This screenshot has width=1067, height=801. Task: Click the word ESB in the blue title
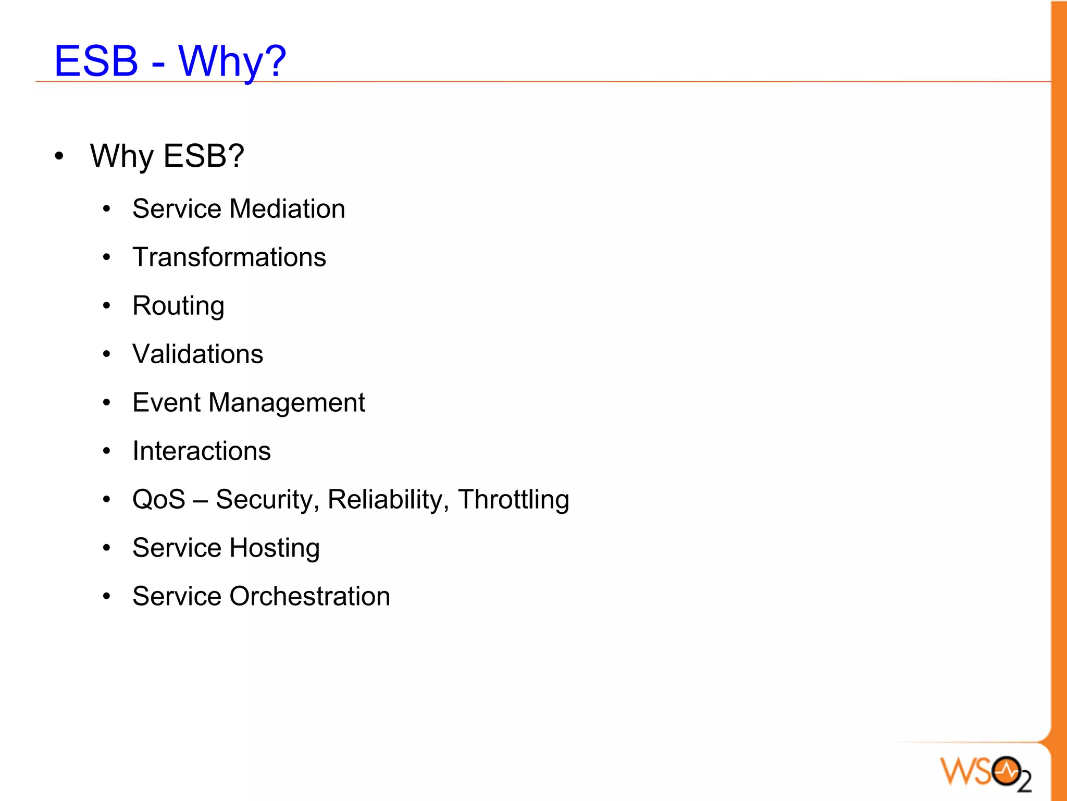[96, 61]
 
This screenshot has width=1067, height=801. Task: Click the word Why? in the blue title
[232, 61]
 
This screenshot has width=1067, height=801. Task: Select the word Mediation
[287, 209]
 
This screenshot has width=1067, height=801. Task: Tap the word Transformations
[229, 257]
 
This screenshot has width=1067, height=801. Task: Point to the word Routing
[178, 306]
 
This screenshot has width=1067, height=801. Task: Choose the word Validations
[197, 354]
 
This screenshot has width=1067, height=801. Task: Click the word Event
[166, 403]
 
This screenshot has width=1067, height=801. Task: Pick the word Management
[287, 403]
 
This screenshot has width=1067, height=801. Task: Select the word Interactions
[202, 451]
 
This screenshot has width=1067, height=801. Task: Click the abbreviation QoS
[158, 500]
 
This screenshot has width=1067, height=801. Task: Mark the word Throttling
[513, 500]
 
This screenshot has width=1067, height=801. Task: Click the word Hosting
[274, 548]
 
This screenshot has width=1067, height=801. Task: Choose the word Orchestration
[309, 597]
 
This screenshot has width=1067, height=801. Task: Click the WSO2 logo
[985, 773]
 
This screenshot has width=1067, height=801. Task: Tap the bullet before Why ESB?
[59, 156]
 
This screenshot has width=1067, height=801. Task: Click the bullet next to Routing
[107, 306]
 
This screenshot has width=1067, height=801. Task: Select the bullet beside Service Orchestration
[107, 597]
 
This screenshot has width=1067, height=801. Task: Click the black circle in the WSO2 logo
[1006, 771]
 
